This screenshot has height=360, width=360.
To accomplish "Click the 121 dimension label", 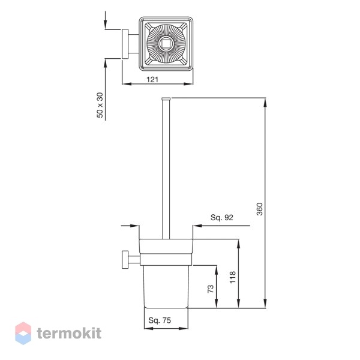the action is click(x=152, y=79).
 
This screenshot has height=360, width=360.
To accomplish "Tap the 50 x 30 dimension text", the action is click(x=100, y=105).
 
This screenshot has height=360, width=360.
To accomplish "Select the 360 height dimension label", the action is click(x=259, y=209).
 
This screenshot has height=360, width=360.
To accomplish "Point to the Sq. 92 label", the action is click(x=222, y=217).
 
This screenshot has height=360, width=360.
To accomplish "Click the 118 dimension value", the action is click(x=233, y=277).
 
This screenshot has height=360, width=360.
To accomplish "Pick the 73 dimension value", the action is click(x=211, y=289).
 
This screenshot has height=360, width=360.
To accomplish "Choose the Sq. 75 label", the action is click(x=160, y=320).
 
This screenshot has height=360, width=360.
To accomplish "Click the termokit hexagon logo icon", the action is click(x=23, y=333).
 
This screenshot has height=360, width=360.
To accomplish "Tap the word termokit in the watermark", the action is click(x=69, y=333).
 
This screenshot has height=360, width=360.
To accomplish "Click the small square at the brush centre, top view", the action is click(x=166, y=44).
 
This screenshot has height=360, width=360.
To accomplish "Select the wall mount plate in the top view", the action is click(x=125, y=44).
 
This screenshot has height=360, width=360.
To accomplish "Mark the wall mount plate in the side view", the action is click(x=125, y=259).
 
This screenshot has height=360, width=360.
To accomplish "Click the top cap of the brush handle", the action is click(x=166, y=99).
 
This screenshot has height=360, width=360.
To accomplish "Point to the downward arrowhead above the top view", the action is click(x=106, y=24).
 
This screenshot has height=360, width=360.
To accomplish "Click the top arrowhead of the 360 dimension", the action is click(x=265, y=103).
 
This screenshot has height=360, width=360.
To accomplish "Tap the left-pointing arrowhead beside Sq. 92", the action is click(x=197, y=226).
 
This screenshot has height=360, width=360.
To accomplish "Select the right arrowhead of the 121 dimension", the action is click(x=188, y=84).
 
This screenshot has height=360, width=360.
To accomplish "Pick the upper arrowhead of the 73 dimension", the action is click(x=216, y=270).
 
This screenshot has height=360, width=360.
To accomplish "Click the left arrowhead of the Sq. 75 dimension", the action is click(x=149, y=329).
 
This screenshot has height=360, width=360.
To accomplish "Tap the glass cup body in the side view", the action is click(x=166, y=287).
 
